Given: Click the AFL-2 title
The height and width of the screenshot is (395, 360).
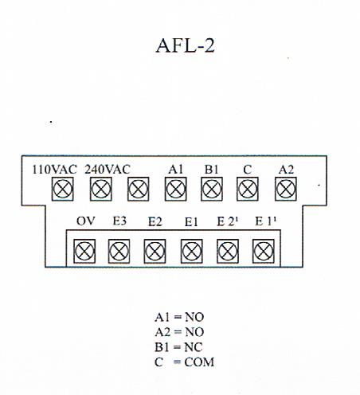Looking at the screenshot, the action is coord(185,45).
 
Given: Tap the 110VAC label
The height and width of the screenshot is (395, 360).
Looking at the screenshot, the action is coord(54,170).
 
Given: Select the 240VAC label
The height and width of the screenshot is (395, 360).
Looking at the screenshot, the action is coord(108,170).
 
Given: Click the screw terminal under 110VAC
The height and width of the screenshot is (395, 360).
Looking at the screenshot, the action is coord(63,190).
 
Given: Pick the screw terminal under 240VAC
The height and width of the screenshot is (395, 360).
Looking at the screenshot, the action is coord(101,190).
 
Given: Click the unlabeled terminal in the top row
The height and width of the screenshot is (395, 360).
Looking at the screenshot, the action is coord(139,190).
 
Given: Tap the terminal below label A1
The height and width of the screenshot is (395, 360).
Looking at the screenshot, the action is coord(176,190).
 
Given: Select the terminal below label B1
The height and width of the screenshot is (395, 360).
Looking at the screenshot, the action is coord(212,190).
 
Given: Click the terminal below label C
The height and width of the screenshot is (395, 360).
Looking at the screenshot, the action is coord(248,190).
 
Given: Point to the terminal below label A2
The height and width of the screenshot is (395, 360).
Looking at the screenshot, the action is coord(286,190).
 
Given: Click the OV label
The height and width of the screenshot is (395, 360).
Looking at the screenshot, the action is coord(85,221).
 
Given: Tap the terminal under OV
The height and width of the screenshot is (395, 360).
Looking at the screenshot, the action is coord(84,251).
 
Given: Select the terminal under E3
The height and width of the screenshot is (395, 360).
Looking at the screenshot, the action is coord(119,251).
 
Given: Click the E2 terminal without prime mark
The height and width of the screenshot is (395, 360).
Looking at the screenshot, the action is coord(155,251).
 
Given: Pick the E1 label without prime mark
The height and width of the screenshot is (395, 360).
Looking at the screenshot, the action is coord(191,222).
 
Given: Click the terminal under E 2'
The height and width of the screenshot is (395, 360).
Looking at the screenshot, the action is coord(228,251).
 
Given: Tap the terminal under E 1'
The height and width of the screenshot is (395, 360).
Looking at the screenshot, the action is coord(264,251).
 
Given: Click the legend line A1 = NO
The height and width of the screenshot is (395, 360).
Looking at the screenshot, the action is coord(179,317).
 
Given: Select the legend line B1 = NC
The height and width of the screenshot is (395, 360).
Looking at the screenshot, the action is coord(178,347).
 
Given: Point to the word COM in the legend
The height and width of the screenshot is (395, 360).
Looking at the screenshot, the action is coord(199,362).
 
